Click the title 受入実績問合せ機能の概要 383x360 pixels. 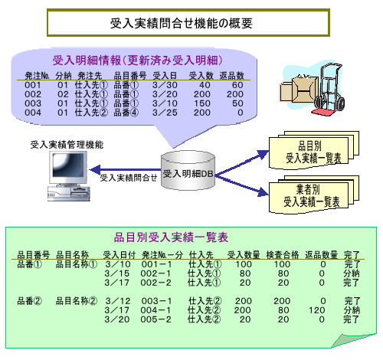click(x=182, y=23)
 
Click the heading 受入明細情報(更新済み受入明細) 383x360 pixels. click(x=138, y=61)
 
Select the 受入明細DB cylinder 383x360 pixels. click(x=188, y=170)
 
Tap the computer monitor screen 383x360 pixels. click(x=68, y=165)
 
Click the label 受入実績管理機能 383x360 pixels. click(x=67, y=145)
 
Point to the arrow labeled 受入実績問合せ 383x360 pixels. click(x=125, y=169)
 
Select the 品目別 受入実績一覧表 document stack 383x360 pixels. click(x=314, y=150)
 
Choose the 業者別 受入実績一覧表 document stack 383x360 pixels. click(x=314, y=195)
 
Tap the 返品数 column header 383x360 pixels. click(x=231, y=76)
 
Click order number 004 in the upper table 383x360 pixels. click(x=33, y=113)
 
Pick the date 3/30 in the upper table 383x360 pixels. click(x=165, y=85)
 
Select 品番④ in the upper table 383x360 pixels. click(x=126, y=113)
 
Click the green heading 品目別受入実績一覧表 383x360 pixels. click(x=171, y=237)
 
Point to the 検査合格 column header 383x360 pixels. click(x=283, y=254)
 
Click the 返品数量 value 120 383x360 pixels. click(x=316, y=310)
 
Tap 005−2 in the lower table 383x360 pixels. click(x=155, y=319)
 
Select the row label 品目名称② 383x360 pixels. click(x=77, y=301)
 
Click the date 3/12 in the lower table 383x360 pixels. click(x=118, y=301)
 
